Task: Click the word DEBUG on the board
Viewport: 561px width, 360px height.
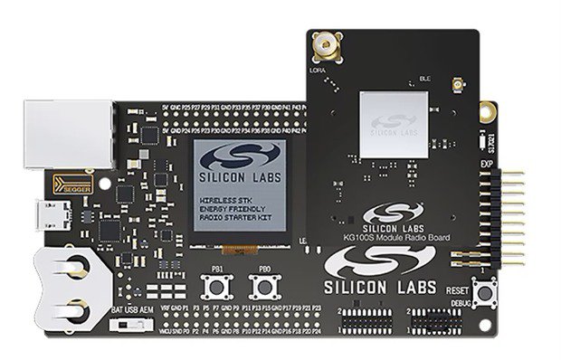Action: (x=461, y=301)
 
